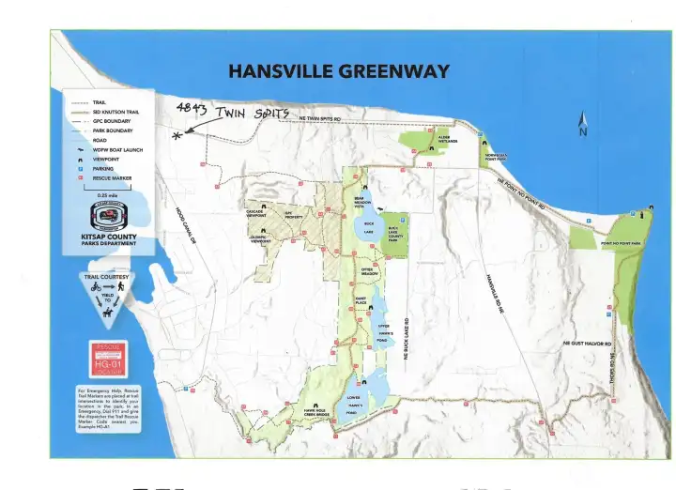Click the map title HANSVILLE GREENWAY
pyautogui.click(x=339, y=71)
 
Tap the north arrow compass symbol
pyautogui.click(x=583, y=124)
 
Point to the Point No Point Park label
pyautogui.click(x=621, y=243)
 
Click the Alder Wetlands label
pyautogui.click(x=444, y=139)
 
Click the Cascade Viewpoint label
pyautogui.click(x=254, y=213)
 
